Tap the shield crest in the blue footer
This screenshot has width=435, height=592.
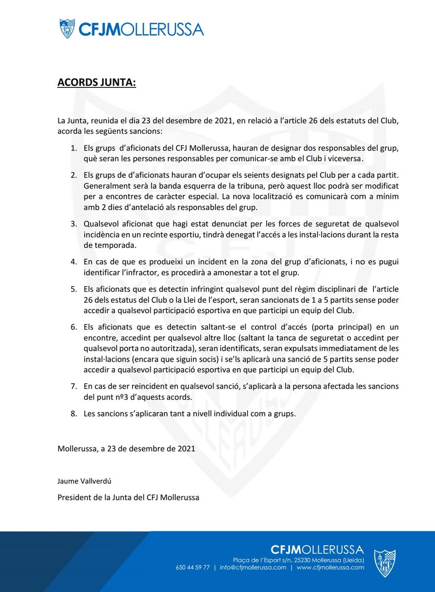(x=384, y=563)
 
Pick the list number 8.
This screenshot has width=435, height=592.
(x=73, y=414)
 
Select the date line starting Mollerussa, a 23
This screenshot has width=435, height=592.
(x=126, y=449)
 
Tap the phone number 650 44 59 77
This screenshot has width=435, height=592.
(x=193, y=567)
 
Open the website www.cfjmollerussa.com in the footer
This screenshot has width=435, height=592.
(x=330, y=567)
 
